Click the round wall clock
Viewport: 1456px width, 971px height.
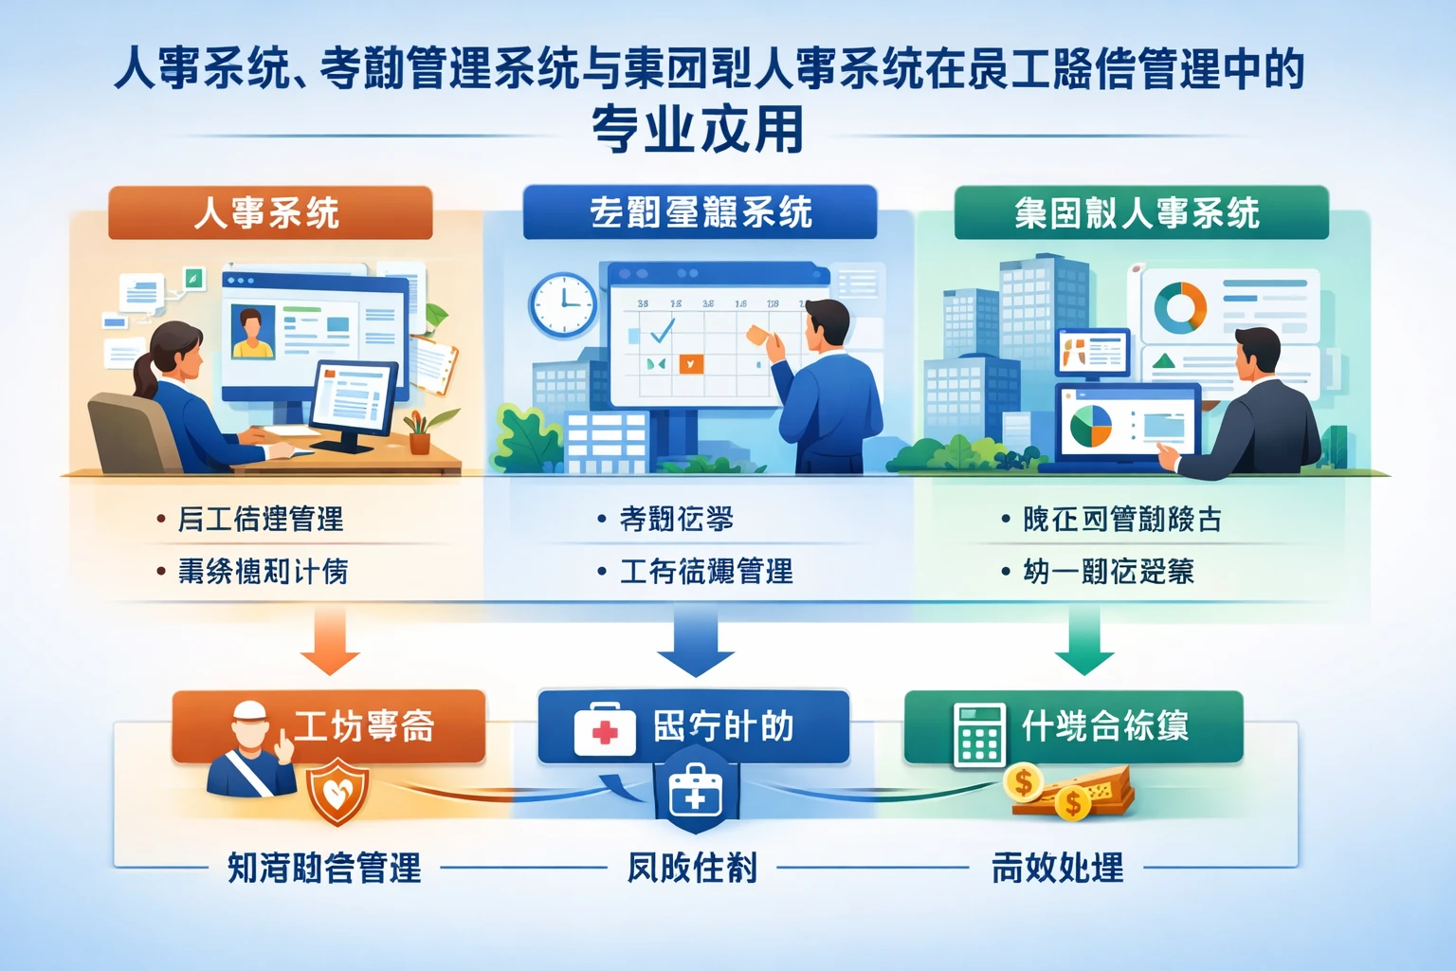pos(563,304)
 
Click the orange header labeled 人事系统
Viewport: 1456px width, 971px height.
pos(270,212)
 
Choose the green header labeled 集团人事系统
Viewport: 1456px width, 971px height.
pos(1140,212)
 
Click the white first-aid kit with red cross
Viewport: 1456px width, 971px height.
pos(605,730)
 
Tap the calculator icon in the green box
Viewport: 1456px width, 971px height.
pos(978,733)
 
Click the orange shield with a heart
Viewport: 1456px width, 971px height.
pos(338,792)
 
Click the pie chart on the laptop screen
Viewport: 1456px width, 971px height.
pos(1091,426)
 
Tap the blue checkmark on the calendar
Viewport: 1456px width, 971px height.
pos(661,330)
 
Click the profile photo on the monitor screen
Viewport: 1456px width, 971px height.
pos(253,331)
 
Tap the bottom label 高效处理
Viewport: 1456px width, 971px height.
pos(1057,867)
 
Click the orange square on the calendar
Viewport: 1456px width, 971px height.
pos(691,363)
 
